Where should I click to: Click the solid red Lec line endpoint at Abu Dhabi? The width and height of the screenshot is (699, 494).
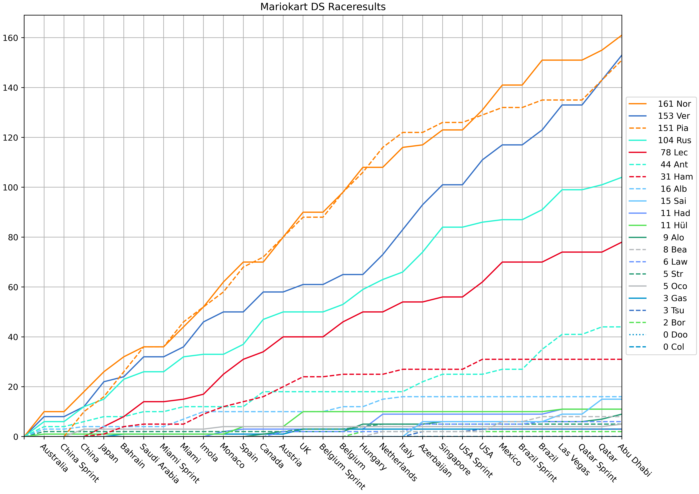[x=621, y=242]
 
